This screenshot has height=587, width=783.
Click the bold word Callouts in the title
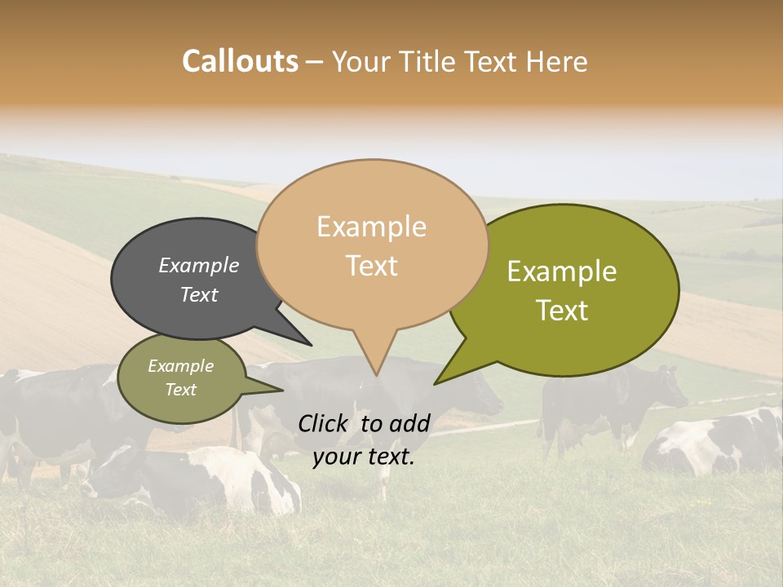240,61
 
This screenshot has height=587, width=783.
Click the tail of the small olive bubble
273,389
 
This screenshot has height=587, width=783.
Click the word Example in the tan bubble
371,227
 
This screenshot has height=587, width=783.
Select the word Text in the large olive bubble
563,311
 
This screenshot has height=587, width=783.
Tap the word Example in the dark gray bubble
199,265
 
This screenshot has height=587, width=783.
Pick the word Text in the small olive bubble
181,390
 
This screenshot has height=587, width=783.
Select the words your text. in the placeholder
364,457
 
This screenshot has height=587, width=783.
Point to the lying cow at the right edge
718,444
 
